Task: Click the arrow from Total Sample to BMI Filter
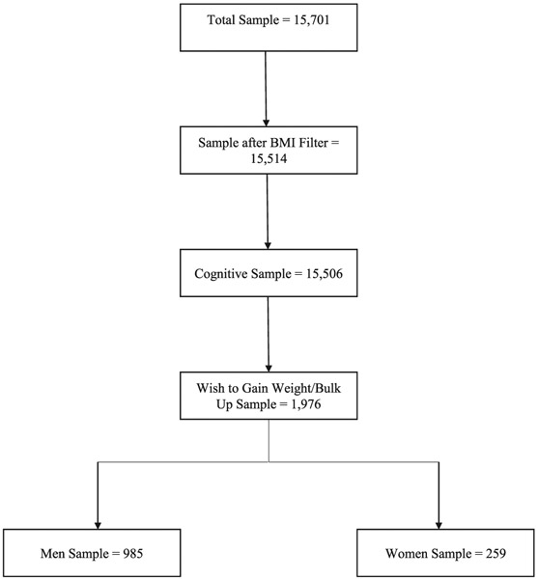[x=268, y=87]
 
